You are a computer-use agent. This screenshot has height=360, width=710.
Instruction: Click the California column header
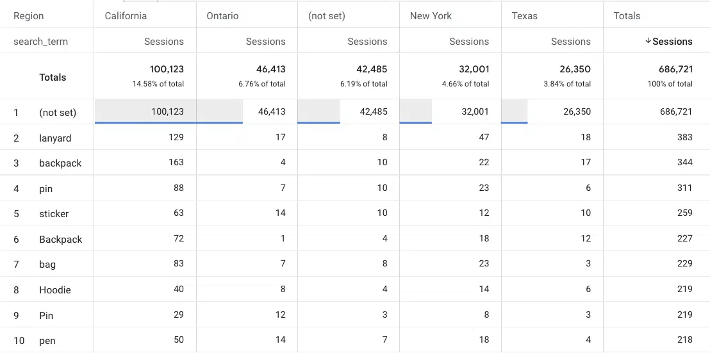(126, 16)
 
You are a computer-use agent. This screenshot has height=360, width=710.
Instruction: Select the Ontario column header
(222, 16)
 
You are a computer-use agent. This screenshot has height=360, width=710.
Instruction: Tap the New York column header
(431, 16)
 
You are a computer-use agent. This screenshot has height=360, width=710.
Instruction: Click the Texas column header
(525, 16)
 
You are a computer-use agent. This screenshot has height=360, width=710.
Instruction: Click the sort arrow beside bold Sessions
(648, 41)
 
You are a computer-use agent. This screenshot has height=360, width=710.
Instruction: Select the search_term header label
(40, 42)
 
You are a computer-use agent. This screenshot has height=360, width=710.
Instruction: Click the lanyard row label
(55, 138)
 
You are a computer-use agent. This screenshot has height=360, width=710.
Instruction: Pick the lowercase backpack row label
(60, 163)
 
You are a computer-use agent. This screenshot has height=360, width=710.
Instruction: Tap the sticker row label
(54, 214)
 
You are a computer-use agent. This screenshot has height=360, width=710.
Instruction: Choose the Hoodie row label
(55, 290)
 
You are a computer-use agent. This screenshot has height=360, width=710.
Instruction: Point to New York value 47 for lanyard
(484, 137)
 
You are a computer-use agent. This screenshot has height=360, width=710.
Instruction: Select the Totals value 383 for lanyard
(684, 137)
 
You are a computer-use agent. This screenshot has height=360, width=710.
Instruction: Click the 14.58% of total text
(158, 84)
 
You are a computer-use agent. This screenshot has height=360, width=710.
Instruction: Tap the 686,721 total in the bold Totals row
(675, 69)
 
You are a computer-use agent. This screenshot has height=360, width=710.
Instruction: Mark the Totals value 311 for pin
(684, 188)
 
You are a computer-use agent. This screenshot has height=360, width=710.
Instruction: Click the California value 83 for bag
(178, 263)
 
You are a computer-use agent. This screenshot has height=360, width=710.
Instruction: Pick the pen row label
(47, 341)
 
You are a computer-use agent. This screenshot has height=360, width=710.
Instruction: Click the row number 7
(16, 265)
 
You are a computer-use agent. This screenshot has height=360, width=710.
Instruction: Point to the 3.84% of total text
(567, 84)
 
